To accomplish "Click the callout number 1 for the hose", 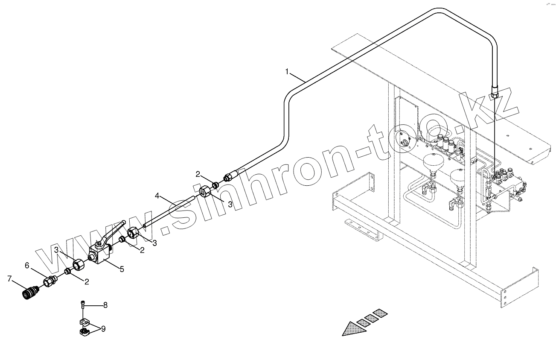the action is click(287, 71).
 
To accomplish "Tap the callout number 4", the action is click(157, 196).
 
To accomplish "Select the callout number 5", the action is click(122, 269).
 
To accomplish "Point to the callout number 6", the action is click(28, 265).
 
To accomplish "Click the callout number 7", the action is click(9, 279).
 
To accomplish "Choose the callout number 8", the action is click(105, 305).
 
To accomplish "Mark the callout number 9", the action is click(103, 329).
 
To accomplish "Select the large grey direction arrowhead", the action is click(352, 328).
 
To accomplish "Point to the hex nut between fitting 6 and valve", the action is click(79, 265).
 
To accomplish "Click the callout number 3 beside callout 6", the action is click(56, 249).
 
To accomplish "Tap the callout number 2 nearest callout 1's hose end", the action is click(198, 174).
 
